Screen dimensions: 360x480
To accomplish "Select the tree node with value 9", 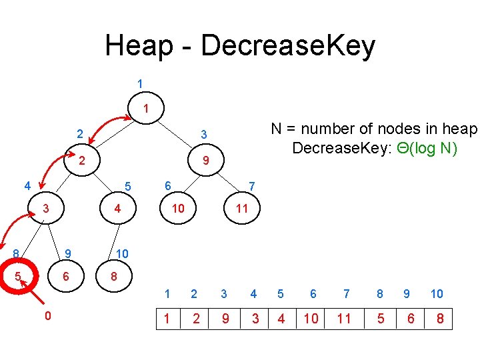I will [x=206, y=161].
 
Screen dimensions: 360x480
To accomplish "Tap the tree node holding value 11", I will [x=242, y=209].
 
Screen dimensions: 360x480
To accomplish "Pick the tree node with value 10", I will [x=177, y=209].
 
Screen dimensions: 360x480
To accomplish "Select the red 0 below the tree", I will [x=47, y=315].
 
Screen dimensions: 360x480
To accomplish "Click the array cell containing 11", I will [x=344, y=319].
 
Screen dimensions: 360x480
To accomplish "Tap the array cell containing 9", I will [x=225, y=319].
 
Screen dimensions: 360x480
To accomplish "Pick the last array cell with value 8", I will [x=440, y=319].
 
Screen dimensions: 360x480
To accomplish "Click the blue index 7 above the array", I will [x=346, y=294].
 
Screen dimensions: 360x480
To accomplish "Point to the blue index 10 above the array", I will [x=437, y=294].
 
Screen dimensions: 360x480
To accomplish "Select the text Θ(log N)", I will [x=427, y=148].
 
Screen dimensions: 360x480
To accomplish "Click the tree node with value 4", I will [x=117, y=209].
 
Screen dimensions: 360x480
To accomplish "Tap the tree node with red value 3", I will [x=45, y=209].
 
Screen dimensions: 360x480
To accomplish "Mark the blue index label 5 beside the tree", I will [x=129, y=185].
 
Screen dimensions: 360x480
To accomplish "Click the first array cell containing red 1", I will [x=167, y=319].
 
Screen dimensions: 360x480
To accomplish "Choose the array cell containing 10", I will [x=311, y=319].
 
